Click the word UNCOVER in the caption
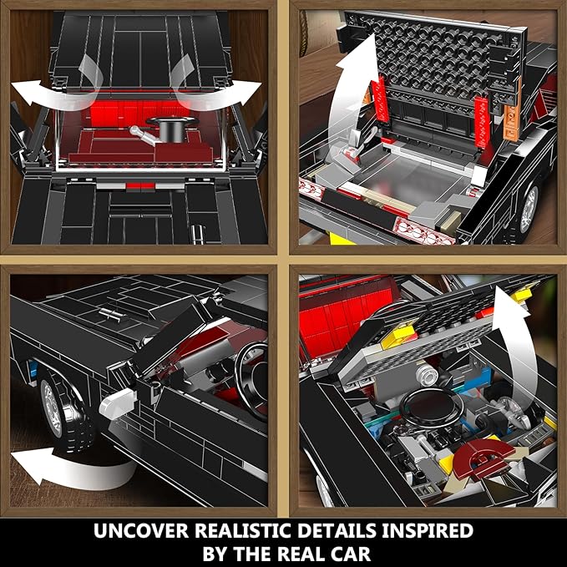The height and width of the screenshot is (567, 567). click(141, 530)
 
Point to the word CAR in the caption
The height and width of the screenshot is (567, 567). click(348, 554)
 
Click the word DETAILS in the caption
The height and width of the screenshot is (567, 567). click(337, 530)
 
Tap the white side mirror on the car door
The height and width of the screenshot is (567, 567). click(119, 403)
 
